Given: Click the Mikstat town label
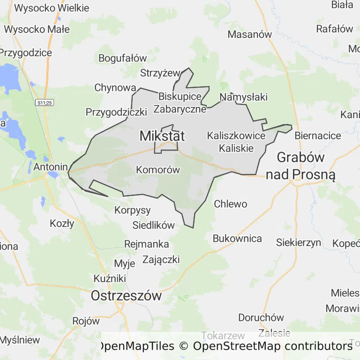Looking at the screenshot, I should point(162,136).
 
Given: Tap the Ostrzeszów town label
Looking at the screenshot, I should point(126,296).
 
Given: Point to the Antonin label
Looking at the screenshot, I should point(49,166).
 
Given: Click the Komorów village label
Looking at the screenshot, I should point(158,170).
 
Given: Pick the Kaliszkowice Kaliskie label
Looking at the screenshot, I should point(236,142).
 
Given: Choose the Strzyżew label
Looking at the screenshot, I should point(160,73).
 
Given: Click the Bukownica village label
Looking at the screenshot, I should point(237,238).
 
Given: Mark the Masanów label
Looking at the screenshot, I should point(250,34).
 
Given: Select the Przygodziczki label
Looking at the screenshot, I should point(116,112).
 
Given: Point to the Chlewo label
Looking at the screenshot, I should point(230,204).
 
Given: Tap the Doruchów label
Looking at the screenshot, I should point(261,317).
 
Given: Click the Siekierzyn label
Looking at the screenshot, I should point(299,242).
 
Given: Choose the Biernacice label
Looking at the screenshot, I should point(318,135).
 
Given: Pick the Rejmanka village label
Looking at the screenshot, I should point(147,244).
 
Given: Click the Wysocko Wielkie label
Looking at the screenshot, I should point(52,8).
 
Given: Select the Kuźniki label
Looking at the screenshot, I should point(110,278).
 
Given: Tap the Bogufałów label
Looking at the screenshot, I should point(123,58).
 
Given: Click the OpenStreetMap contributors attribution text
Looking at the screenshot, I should point(272,346).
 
